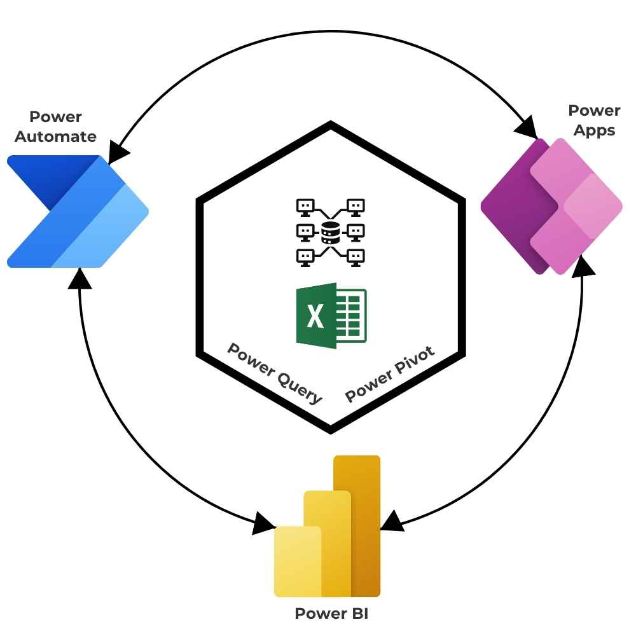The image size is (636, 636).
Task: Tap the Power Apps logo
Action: pyautogui.click(x=551, y=206)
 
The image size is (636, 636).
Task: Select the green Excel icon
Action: pyautogui.click(x=331, y=315)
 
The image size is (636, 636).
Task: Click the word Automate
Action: pyautogui.click(x=56, y=136)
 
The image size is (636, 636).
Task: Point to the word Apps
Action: pyautogui.click(x=594, y=130)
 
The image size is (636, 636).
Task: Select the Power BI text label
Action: pyautogui.click(x=331, y=614)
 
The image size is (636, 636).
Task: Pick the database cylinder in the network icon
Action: pyautogui.click(x=329, y=233)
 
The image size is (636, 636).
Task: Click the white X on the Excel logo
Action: pyautogui.click(x=315, y=315)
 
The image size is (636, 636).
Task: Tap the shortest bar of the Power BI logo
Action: pyautogui.click(x=298, y=562)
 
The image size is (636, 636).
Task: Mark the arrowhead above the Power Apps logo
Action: pyautogui.click(x=529, y=129)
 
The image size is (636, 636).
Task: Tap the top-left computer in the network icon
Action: pyautogui.click(x=305, y=206)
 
